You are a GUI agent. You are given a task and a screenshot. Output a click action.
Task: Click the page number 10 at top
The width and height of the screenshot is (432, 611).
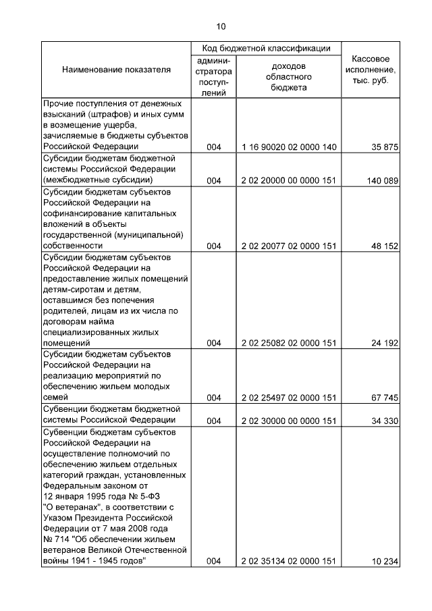coord(221,27)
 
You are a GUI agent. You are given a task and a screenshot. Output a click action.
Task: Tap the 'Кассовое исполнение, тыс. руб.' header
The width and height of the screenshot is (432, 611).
coord(371,70)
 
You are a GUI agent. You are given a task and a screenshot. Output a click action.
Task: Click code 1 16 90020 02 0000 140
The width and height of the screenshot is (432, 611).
coord(288,147)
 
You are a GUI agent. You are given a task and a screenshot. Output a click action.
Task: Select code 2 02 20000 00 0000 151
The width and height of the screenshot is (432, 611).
coord(288,180)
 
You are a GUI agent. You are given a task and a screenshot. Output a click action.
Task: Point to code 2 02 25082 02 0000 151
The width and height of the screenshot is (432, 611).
coord(288,342)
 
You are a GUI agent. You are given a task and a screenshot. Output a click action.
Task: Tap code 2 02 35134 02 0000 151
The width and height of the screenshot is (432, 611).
coord(288,561)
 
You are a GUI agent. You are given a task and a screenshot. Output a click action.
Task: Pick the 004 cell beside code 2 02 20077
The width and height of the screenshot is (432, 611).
coord(214,246)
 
